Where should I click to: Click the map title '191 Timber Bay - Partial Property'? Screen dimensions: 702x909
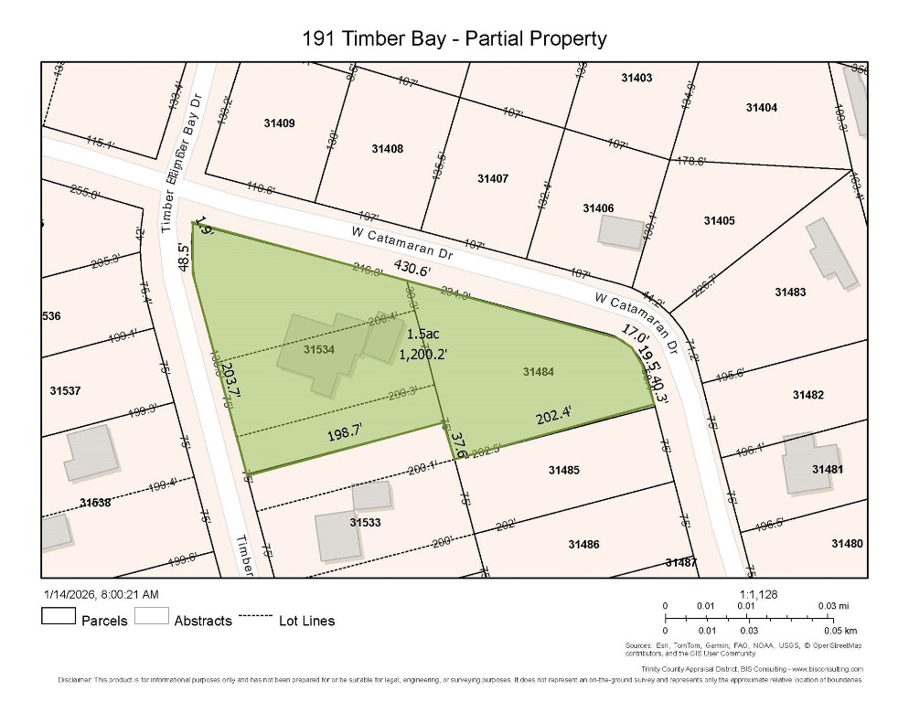(x=454, y=38)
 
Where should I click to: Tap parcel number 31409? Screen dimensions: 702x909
(x=279, y=122)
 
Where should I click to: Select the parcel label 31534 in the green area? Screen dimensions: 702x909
(x=319, y=348)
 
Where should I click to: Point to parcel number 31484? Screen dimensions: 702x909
(x=539, y=372)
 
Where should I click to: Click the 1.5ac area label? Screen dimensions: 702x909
(x=423, y=334)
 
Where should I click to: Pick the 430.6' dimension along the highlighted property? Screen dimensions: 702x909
(x=412, y=269)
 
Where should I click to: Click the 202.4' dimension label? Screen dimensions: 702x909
(x=554, y=416)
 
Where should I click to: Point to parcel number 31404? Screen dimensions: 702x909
(x=761, y=108)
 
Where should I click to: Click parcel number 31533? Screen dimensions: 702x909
(x=366, y=523)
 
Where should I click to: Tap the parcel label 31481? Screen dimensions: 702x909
(x=827, y=469)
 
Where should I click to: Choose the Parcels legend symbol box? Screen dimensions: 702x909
(x=58, y=616)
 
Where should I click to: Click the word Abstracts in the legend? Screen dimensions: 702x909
(x=203, y=621)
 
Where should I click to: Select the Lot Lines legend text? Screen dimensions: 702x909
(x=306, y=621)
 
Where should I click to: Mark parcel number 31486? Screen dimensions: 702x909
(x=583, y=544)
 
